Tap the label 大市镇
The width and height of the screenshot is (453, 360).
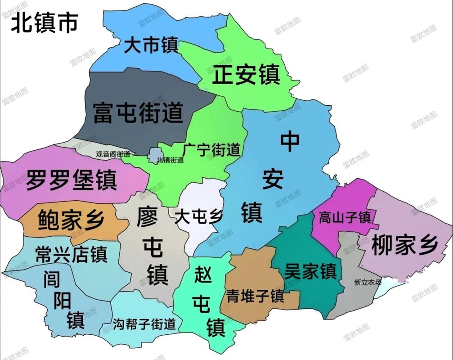[151, 45]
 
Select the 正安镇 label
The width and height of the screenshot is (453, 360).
[246, 75]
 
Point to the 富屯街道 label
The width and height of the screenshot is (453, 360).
[138, 112]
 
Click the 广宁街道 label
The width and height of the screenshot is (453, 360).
[211, 149]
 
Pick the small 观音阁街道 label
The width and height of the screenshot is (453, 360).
[113, 154]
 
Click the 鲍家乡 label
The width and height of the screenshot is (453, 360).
[71, 220]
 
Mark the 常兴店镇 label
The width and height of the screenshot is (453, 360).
[71, 255]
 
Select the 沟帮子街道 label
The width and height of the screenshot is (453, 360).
[144, 324]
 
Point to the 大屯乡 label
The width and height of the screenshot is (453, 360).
[198, 217]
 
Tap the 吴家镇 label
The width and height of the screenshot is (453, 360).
[310, 271]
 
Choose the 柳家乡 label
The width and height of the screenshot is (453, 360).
[404, 246]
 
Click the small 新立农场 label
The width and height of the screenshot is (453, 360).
[368, 283]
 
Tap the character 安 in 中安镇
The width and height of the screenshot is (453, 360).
[273, 180]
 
